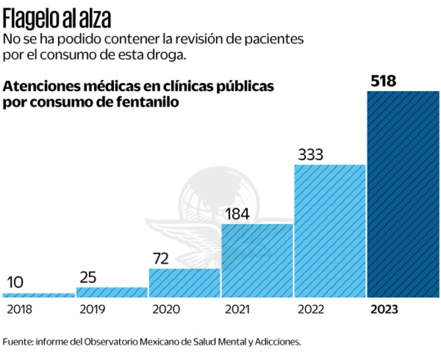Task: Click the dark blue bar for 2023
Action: click(403, 194)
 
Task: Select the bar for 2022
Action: click(330, 231)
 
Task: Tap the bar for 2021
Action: click(257, 260)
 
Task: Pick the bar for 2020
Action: click(184, 283)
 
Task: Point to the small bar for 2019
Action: click(112, 292)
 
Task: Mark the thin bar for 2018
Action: click(39, 295)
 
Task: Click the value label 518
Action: click(383, 81)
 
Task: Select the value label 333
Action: click(310, 155)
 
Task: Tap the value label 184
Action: click(237, 214)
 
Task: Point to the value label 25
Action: click(88, 278)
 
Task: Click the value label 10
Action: click(16, 283)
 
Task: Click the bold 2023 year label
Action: click(384, 309)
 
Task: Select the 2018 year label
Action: click(20, 309)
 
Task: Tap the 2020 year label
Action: click(166, 309)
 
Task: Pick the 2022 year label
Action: click(311, 309)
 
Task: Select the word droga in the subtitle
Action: click(171, 56)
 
